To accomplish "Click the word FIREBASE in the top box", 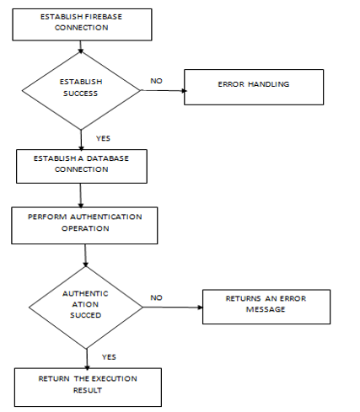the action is point(104,17).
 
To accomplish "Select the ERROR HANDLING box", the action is point(254,87).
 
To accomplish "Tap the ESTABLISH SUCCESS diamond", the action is point(81,91).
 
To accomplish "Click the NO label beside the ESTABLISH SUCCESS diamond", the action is point(156,81).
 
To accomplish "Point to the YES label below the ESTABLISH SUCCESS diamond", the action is point(103,138).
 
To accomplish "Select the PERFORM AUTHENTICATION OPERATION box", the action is point(84,226).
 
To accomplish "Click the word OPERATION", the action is point(85,228).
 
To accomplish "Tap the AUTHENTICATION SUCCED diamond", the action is point(86,308).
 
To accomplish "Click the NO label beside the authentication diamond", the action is point(156,297).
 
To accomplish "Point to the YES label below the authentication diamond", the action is point(109,357).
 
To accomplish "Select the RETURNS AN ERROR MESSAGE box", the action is point(266,307).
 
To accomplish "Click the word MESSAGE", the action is point(266,309).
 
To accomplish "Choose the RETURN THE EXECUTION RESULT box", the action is point(88,388).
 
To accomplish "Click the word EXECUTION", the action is point(115,378).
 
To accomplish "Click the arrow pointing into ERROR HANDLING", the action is point(164,90).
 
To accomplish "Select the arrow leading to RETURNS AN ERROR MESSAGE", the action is point(173,308).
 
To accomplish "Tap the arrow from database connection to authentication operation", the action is point(81,195).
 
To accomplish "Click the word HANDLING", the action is point(269,84).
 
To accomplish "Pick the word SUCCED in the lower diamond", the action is point(85,315).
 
